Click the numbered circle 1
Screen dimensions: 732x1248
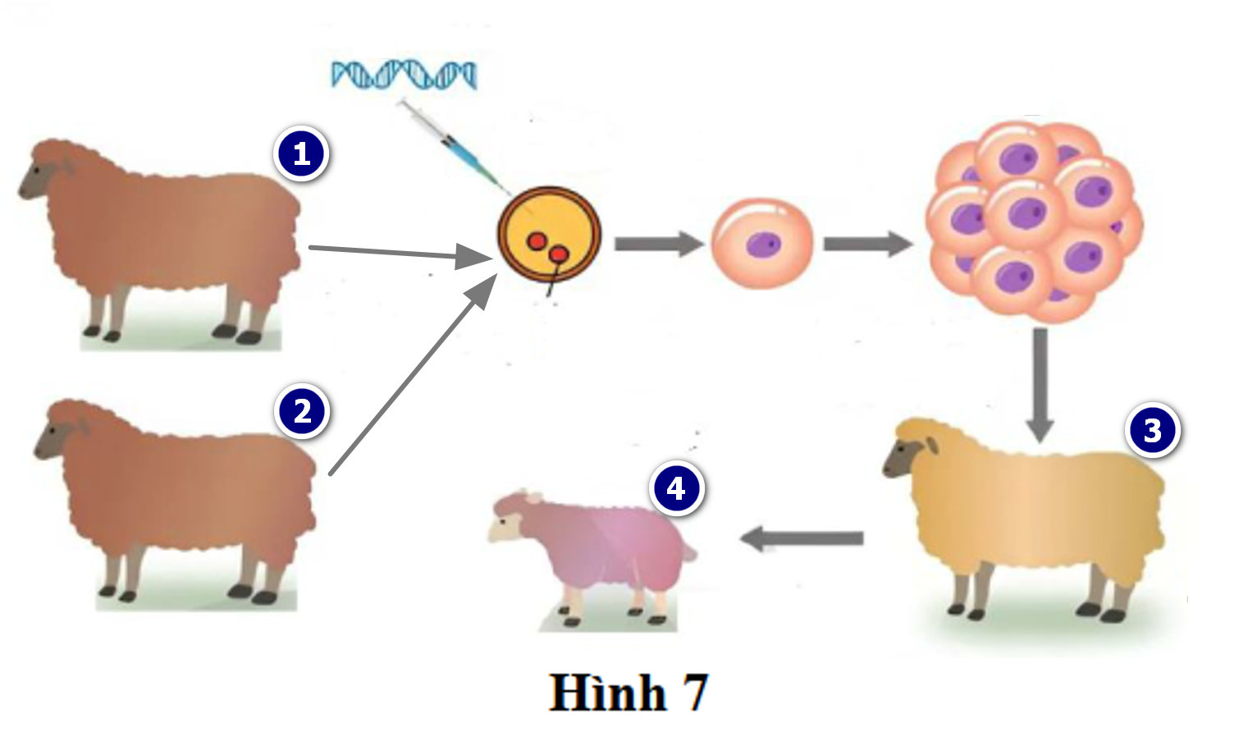302,153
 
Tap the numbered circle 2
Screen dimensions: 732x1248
302,411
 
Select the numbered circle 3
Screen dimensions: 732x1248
1153,430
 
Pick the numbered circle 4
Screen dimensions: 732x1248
676,488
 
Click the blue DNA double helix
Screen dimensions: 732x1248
403,75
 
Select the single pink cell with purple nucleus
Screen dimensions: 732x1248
761,244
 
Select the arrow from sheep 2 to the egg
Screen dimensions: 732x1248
410,376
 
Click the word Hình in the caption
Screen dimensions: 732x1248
607,693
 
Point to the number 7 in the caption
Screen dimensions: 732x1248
694,693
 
